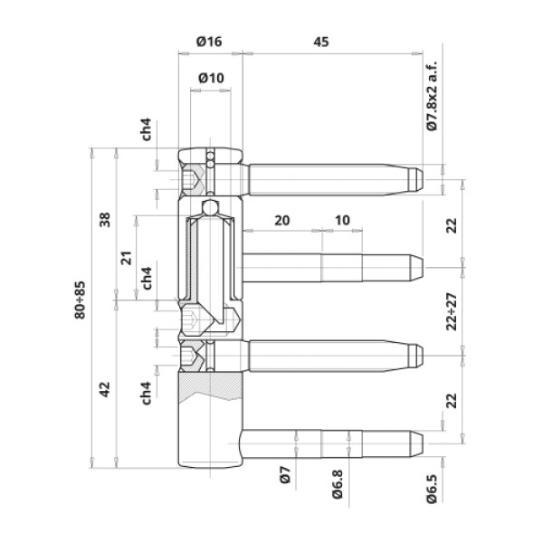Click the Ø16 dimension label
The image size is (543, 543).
(x=209, y=42)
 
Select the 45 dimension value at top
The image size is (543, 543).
(x=321, y=42)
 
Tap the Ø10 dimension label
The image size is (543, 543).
(x=211, y=78)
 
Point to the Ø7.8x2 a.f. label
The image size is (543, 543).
(x=432, y=96)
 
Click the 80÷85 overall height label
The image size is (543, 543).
(x=80, y=300)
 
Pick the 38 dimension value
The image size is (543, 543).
(x=105, y=220)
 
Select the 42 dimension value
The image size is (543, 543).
(x=105, y=389)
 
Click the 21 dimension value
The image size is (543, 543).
(x=127, y=258)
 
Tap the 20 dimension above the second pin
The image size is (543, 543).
(x=281, y=220)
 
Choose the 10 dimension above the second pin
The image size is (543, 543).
(x=342, y=220)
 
